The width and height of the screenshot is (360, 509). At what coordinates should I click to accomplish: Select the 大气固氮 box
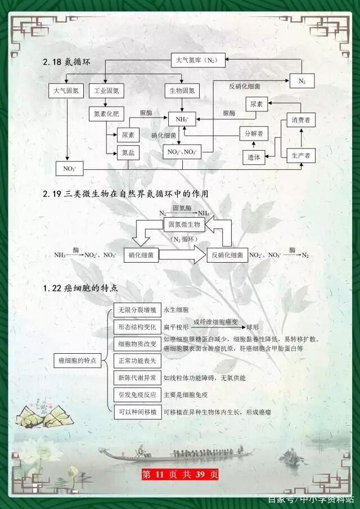pos(66,90)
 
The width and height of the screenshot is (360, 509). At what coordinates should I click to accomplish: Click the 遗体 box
pos(254,158)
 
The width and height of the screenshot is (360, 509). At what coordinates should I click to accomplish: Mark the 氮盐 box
pos(128,152)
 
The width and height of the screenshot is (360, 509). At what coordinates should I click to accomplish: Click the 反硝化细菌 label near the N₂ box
pos(245,87)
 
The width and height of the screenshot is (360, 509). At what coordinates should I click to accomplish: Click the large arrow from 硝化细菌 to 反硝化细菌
pos(183,255)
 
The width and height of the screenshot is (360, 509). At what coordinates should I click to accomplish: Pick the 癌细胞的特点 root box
pos(78,359)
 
